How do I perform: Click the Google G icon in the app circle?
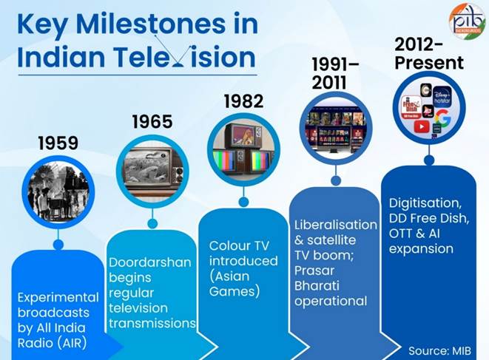(x=442, y=118)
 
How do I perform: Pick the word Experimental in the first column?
(x=58, y=297)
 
